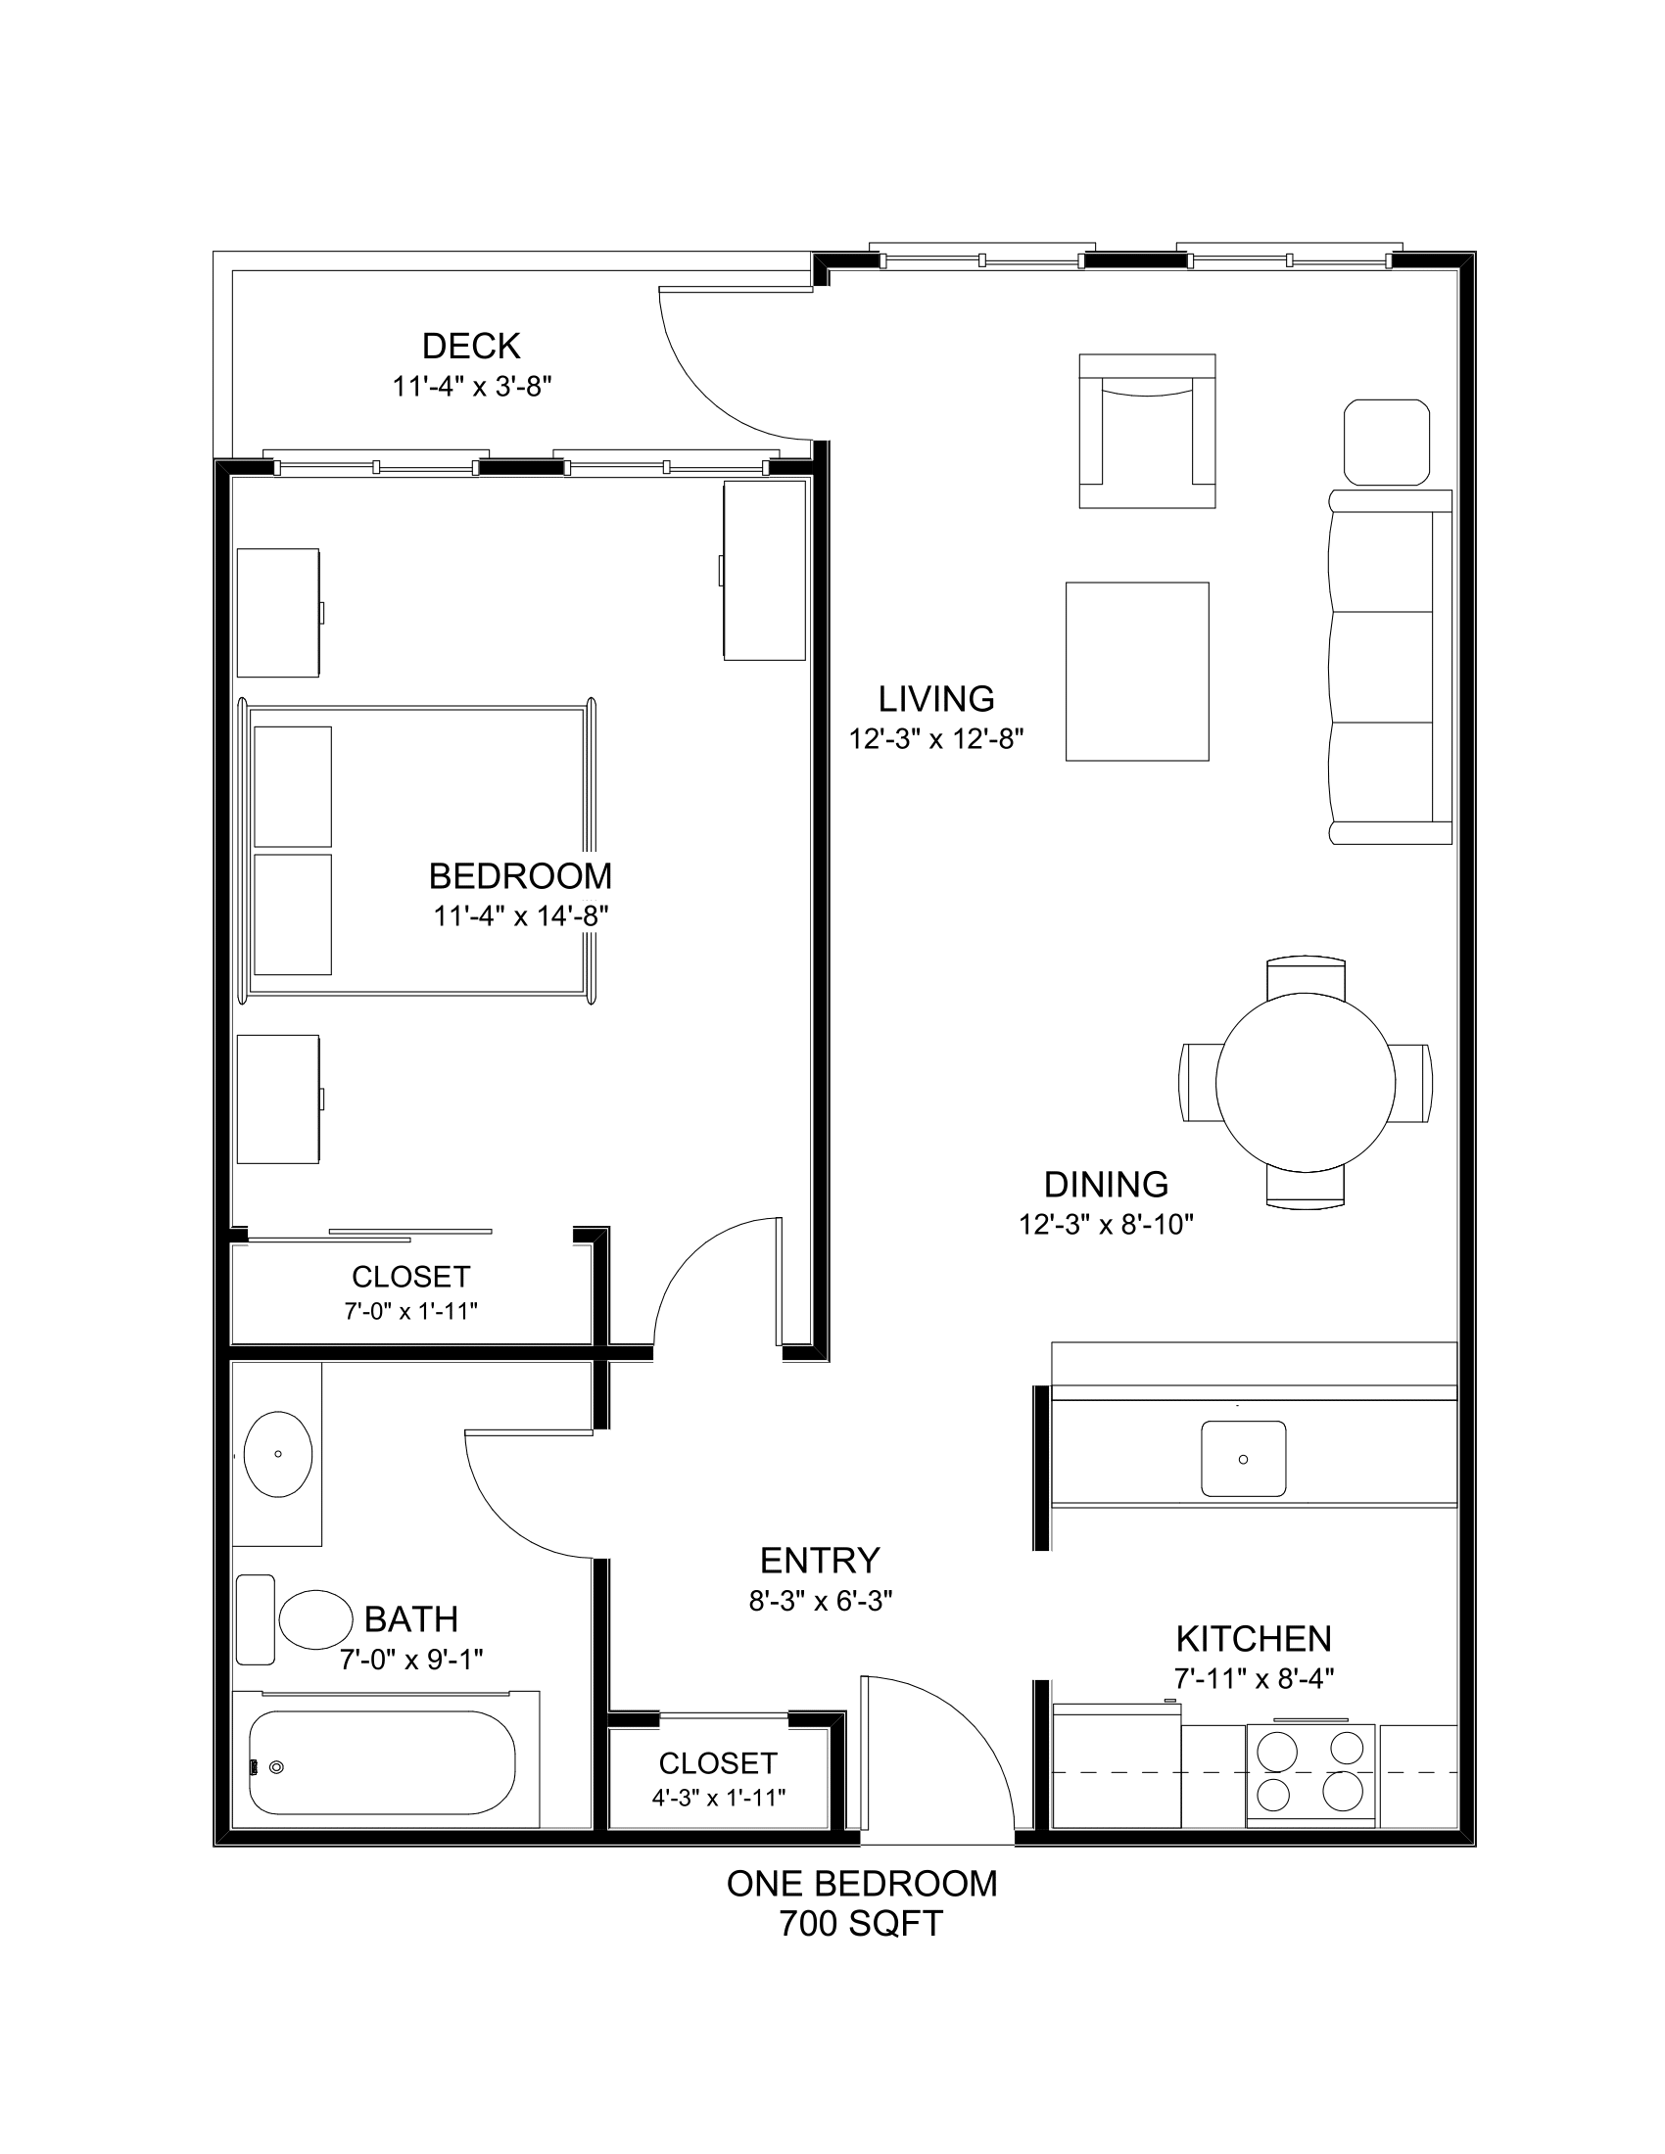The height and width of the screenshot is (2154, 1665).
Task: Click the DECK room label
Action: click(470, 347)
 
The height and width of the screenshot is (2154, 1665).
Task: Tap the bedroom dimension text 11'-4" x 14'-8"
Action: click(520, 916)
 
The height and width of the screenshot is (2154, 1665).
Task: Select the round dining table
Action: click(1304, 1082)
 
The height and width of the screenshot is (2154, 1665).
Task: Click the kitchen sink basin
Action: click(1243, 1458)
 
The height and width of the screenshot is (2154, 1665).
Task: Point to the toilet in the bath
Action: click(314, 1619)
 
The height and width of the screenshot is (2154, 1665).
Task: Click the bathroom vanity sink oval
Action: click(277, 1454)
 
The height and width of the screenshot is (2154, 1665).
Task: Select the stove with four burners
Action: click(1309, 1773)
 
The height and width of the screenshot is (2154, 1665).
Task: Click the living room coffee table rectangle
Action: click(1136, 672)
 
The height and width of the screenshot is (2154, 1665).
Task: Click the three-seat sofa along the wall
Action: click(1389, 668)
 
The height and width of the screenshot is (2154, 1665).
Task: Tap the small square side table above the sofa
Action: click(1386, 442)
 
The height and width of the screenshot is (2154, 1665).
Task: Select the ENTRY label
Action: click(820, 1561)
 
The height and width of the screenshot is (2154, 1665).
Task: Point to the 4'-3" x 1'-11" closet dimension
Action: click(718, 1797)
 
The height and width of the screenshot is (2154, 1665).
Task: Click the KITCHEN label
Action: click(1253, 1638)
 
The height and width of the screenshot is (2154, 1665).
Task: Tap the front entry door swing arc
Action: click(972, 1726)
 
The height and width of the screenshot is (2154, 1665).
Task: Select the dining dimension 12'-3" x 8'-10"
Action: click(1106, 1225)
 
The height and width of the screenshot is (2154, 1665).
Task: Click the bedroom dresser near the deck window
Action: click(765, 570)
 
